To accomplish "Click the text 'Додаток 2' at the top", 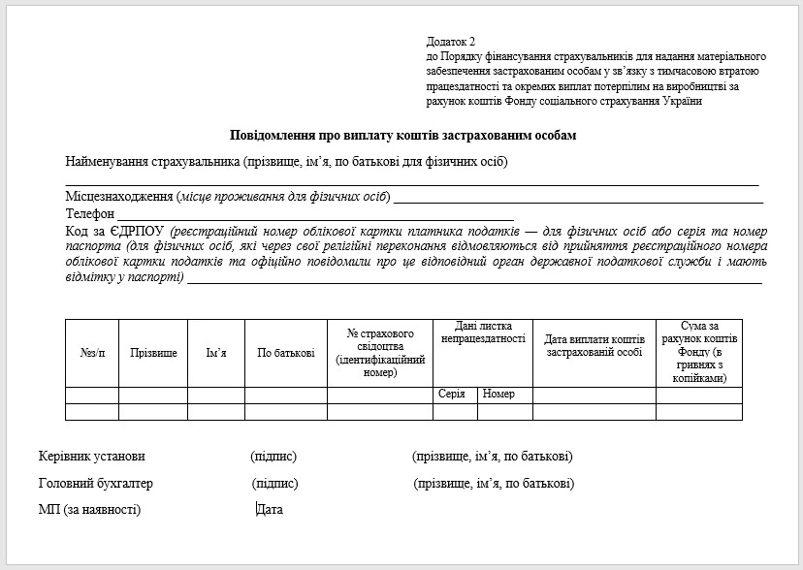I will click(x=451, y=42).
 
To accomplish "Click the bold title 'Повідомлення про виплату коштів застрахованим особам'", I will click(x=402, y=136).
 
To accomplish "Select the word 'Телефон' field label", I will click(x=90, y=213).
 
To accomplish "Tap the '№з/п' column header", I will click(x=92, y=353).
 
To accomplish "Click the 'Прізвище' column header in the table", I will click(x=153, y=353).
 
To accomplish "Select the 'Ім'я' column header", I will click(x=216, y=353).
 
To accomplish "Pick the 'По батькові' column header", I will click(x=285, y=353).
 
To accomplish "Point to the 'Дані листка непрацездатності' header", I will click(x=483, y=332).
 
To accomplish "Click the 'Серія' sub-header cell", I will click(x=452, y=395).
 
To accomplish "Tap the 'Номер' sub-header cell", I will click(x=498, y=395).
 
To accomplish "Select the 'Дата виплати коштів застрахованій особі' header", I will click(x=594, y=346).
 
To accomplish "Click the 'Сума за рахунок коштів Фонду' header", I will click(x=698, y=352).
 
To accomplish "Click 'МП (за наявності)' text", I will click(x=89, y=509).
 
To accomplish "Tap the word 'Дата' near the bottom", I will click(x=270, y=509).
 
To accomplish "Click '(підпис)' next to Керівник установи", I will click(x=273, y=456).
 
